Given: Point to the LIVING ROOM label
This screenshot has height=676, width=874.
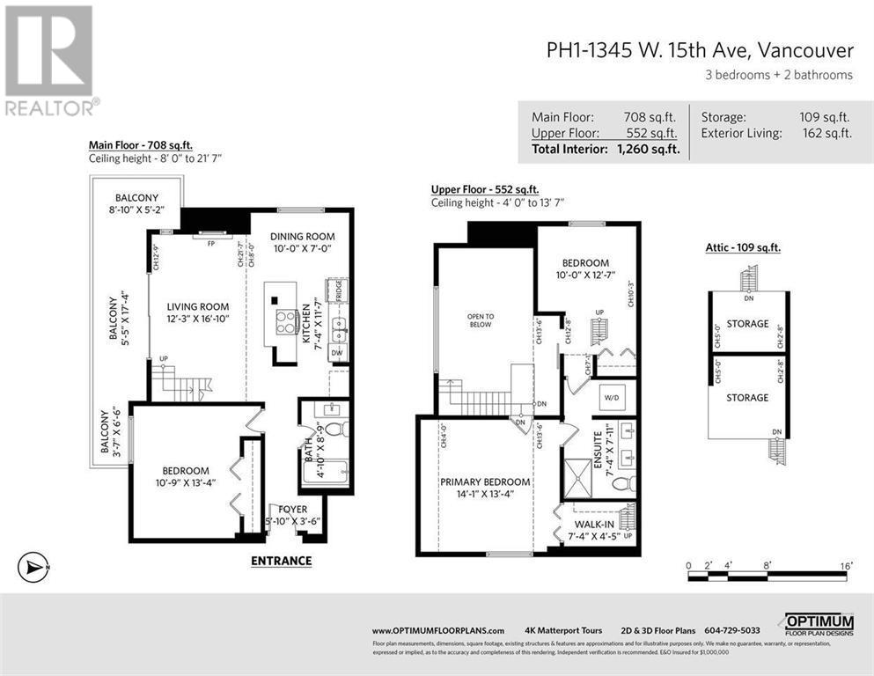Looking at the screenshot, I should [198, 307].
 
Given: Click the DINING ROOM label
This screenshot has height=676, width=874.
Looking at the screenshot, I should [303, 236].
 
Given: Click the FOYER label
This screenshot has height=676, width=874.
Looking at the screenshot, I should [292, 508].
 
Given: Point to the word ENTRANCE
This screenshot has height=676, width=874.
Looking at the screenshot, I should [281, 561].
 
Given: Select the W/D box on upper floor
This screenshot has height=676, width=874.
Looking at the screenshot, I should [612, 396].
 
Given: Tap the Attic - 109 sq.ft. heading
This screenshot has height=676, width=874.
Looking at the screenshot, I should [743, 247].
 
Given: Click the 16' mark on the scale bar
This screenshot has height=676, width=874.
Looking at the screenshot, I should [846, 564].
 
